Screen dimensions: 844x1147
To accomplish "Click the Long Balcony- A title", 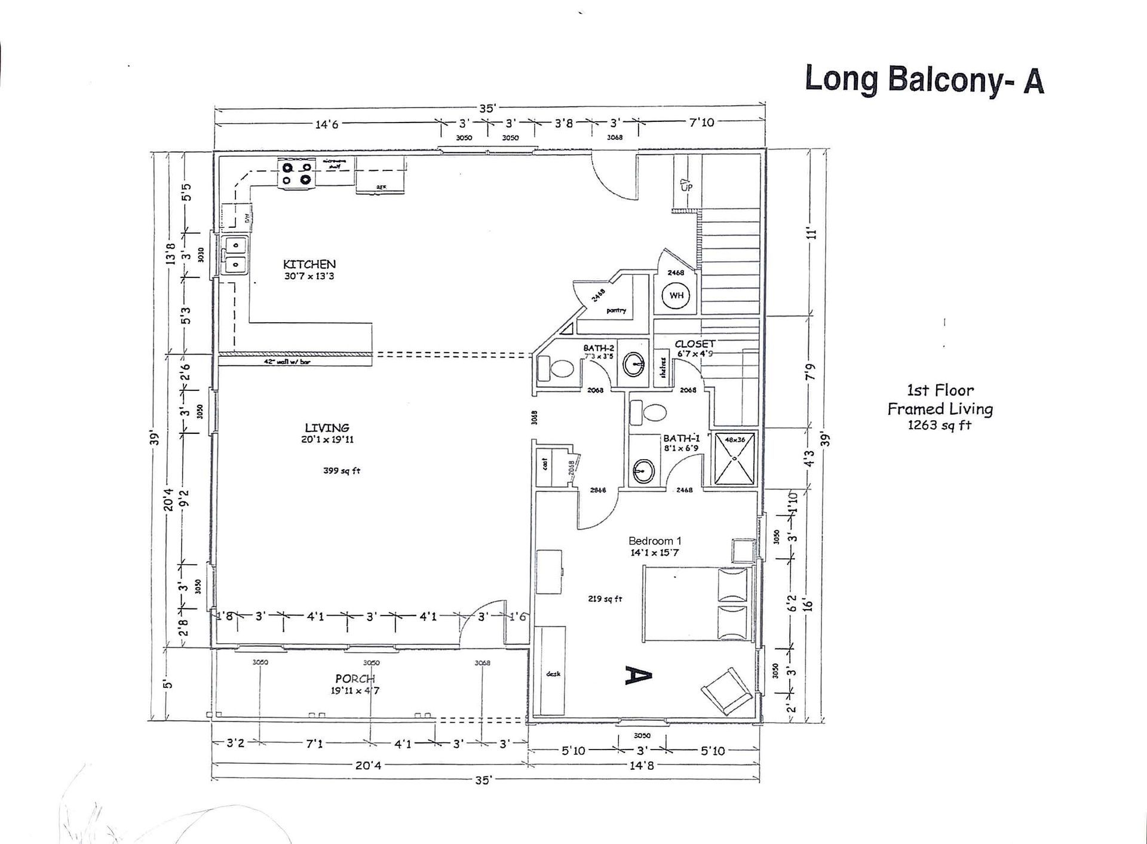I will click(924, 79).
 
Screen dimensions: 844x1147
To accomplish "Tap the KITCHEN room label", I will click(309, 264).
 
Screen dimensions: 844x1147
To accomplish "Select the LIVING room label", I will click(327, 427).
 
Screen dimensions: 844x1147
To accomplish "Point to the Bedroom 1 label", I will click(654, 540).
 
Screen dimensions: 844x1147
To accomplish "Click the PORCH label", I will click(355, 678).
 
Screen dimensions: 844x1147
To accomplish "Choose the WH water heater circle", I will click(676, 295).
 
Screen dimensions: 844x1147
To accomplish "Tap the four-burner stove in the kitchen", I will click(297, 173).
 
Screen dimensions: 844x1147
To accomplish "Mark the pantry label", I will click(616, 310).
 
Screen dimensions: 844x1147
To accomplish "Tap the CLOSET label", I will click(694, 344).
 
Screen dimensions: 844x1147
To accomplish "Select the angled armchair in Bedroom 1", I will click(726, 691).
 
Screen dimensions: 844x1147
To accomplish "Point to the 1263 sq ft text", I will click(939, 425).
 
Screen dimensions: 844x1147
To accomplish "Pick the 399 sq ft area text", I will click(342, 470).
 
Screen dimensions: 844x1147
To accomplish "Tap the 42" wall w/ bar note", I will click(287, 362).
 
